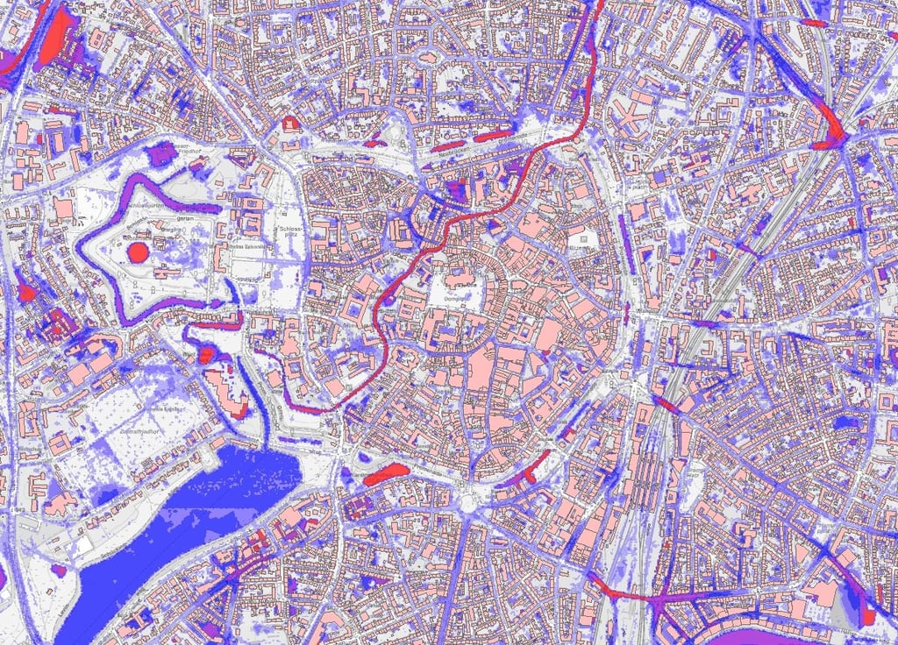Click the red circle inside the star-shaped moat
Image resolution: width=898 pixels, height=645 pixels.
tap(138, 253)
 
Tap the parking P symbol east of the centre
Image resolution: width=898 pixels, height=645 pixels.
tap(578, 237)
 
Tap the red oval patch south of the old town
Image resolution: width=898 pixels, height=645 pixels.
tap(385, 474)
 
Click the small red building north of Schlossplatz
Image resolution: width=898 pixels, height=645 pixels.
tap(289, 122)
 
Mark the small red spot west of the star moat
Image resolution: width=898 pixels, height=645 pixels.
tap(26, 294)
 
